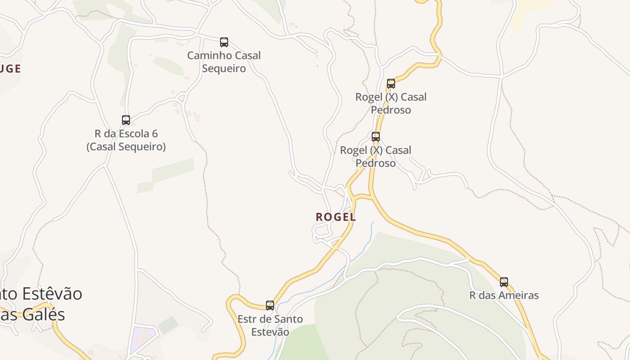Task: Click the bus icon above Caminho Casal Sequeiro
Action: [224, 42]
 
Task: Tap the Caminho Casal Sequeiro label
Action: [224, 62]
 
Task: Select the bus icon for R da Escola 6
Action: [126, 120]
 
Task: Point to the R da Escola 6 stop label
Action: [126, 140]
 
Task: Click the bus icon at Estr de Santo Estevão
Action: [270, 306]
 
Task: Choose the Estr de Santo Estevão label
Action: [270, 325]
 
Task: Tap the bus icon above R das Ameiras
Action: [504, 282]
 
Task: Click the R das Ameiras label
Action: [504, 296]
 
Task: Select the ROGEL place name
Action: [336, 217]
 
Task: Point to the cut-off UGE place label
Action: [10, 69]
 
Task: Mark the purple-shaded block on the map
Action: [145, 335]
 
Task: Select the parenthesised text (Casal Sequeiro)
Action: [126, 147]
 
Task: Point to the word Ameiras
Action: [518, 296]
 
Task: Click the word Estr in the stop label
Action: [247, 319]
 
